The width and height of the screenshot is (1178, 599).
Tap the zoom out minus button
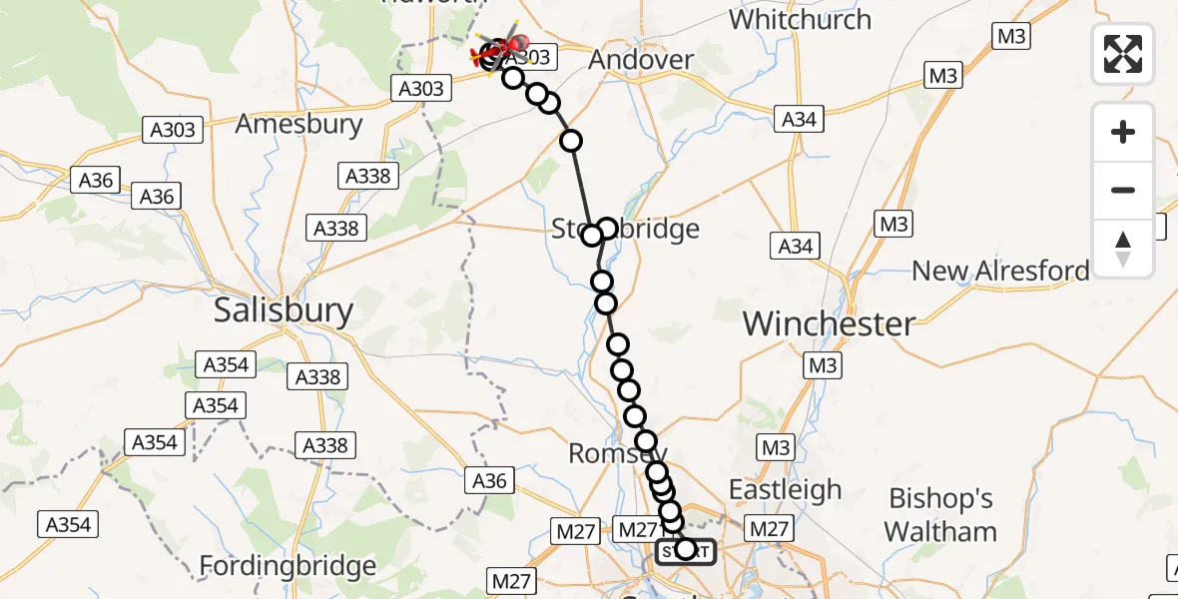click(x=1123, y=190)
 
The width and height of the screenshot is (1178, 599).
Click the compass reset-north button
click(x=1123, y=249)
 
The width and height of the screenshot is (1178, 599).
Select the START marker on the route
click(x=685, y=550)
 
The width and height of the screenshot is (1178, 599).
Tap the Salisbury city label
click(x=284, y=310)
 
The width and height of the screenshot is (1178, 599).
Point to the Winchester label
click(x=829, y=323)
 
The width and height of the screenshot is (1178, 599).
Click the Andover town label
click(x=641, y=60)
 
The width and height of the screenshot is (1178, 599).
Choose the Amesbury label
click(x=298, y=125)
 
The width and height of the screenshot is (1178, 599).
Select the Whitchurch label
click(x=800, y=20)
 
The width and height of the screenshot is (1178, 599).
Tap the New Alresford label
click(x=1000, y=271)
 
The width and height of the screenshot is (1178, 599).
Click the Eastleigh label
click(x=785, y=490)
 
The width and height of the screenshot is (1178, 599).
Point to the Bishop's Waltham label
click(x=940, y=514)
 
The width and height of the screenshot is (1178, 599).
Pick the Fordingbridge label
click(x=288, y=567)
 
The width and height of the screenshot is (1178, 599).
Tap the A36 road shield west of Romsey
click(x=489, y=481)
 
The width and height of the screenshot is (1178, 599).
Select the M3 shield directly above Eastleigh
click(x=774, y=448)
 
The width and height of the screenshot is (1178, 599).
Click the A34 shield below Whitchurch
click(x=800, y=120)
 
